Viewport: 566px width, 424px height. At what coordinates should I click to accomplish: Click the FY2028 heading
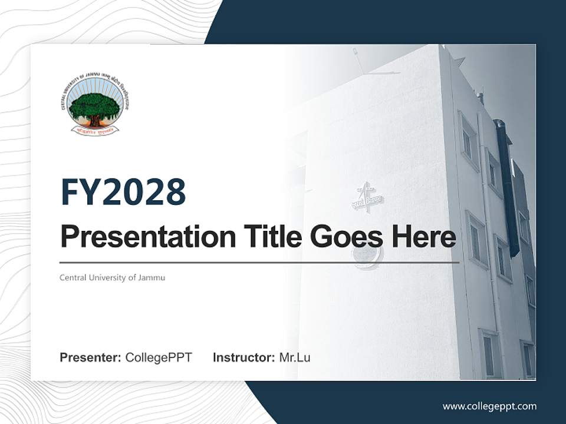[x=123, y=192]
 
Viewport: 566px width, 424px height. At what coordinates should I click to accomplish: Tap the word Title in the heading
[x=269, y=237]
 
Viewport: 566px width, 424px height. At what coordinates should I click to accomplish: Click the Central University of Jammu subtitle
[x=112, y=277]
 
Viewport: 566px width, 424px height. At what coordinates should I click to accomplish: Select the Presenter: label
[x=90, y=357]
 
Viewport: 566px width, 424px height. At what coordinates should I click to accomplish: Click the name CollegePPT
[x=159, y=357]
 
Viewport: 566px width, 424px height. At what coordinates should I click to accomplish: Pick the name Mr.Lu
[x=294, y=357]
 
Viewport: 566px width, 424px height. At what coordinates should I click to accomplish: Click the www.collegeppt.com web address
[x=489, y=406]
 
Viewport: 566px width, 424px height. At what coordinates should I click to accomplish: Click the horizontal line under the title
[x=259, y=263]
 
